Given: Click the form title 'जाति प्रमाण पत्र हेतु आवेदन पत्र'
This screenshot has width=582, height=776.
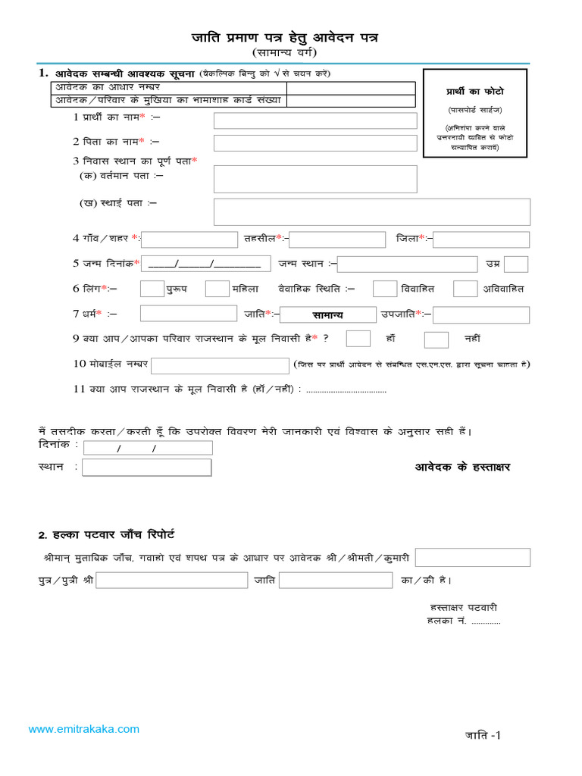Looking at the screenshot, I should [x=283, y=37].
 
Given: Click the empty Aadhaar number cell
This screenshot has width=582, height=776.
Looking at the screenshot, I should [x=350, y=88].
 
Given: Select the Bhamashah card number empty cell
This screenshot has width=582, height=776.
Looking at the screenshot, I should [x=350, y=100].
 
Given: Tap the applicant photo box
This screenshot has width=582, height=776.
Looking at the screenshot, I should [x=475, y=113].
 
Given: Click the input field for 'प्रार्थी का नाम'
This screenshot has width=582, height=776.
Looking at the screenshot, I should [x=315, y=120].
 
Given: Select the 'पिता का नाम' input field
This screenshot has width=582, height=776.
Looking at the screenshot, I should [x=315, y=143].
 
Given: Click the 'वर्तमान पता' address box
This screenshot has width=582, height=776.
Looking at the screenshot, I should [x=315, y=179].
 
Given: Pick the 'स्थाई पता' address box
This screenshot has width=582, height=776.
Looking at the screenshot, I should [x=371, y=211].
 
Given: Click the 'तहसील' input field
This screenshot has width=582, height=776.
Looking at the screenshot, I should [x=337, y=239].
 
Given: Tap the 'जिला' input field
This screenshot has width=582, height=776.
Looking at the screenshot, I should [x=481, y=239].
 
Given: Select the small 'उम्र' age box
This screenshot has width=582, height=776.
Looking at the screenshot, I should [x=516, y=264].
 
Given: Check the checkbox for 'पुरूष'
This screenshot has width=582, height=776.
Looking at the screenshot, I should [x=152, y=289].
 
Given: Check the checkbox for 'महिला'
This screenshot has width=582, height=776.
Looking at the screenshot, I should [x=217, y=289].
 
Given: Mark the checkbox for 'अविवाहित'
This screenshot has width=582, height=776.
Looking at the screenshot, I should [x=465, y=289].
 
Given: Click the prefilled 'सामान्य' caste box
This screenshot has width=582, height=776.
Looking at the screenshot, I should [x=328, y=314].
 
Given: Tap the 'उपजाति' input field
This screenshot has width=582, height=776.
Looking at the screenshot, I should [x=481, y=314].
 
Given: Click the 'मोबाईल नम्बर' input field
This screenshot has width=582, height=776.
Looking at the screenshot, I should [x=220, y=366].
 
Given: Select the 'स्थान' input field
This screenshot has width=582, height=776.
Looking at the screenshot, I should [x=147, y=468].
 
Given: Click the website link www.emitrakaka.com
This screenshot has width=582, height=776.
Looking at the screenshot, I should [x=84, y=729].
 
